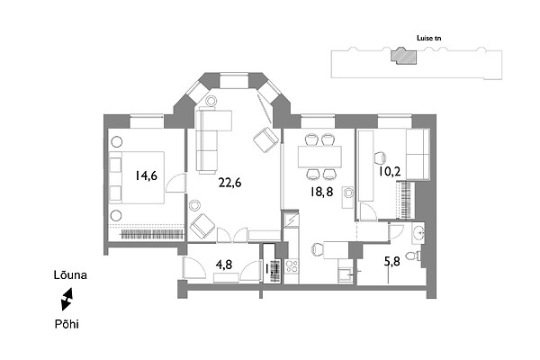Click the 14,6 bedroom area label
click(146, 175)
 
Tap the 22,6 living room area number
click(229, 183)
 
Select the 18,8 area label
click(321, 192)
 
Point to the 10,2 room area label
click(390, 171)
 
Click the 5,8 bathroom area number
click(391, 262)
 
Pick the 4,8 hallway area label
click(223, 265)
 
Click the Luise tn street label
click(428, 38)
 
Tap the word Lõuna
click(70, 274)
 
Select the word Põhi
click(67, 324)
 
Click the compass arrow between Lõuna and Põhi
click(67, 300)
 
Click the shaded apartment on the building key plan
click(403, 56)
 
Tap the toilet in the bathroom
click(413, 256)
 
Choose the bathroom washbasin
click(418, 233)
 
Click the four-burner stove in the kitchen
click(292, 266)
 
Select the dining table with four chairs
click(319, 157)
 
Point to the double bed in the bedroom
click(137, 177)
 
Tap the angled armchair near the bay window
click(265, 139)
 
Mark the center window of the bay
click(234, 80)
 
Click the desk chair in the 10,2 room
click(380, 157)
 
